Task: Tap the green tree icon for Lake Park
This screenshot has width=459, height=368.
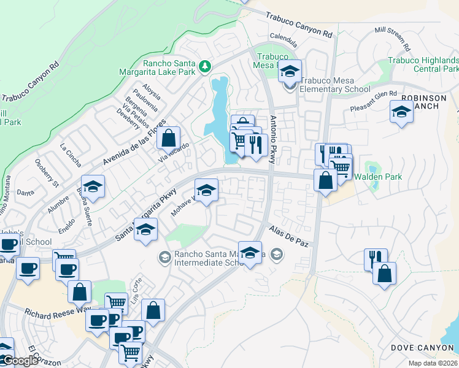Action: tap(207, 66)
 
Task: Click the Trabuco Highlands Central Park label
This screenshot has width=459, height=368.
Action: tap(423, 64)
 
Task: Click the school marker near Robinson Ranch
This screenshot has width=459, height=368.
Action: tap(401, 112)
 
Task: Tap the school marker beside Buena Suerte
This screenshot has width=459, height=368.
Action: tap(93, 187)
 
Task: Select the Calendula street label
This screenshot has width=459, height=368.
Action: tap(283, 44)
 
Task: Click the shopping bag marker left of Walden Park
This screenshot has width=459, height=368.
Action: tap(325, 180)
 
